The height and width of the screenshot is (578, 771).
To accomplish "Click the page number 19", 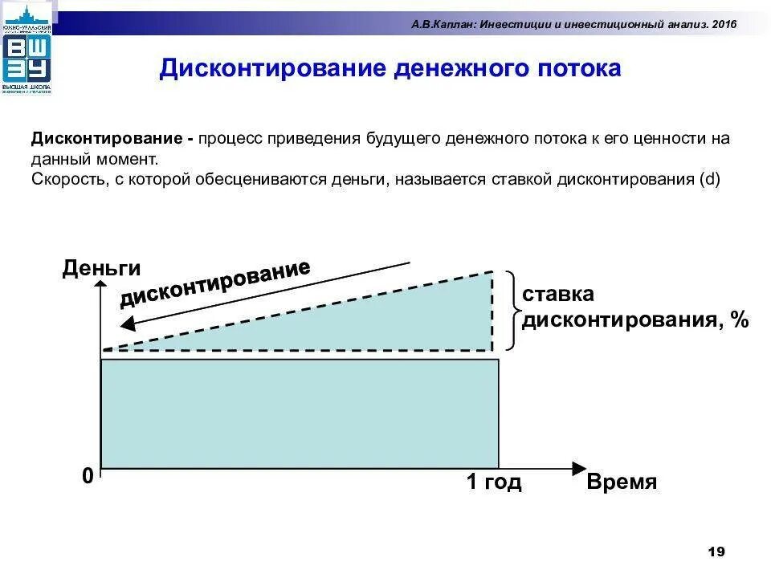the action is (x=716, y=552).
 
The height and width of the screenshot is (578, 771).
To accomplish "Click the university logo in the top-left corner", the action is (x=27, y=49).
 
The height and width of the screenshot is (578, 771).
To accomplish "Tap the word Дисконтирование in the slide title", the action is (x=272, y=68).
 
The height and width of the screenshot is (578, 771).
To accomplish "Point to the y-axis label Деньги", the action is (x=101, y=268).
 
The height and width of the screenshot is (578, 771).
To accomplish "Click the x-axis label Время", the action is (x=622, y=482).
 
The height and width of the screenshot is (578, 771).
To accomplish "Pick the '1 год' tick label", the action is (x=494, y=482).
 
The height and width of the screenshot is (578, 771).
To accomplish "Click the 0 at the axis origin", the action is (x=88, y=476).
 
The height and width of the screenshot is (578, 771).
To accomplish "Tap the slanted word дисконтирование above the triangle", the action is (x=215, y=283).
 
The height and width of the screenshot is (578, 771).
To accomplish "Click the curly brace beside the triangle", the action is (x=511, y=310).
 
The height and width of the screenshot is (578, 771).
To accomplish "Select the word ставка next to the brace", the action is (x=558, y=294).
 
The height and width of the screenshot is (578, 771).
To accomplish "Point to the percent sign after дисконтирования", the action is (x=739, y=320).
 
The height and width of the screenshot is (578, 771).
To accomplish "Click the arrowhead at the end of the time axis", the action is (x=580, y=469).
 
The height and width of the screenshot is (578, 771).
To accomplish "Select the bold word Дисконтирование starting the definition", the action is (x=108, y=138).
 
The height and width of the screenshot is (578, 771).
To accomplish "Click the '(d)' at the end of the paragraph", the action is (x=711, y=179).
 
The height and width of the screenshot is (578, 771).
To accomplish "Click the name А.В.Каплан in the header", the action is (x=444, y=24).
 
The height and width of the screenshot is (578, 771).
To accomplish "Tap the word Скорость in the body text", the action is (x=64, y=179).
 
